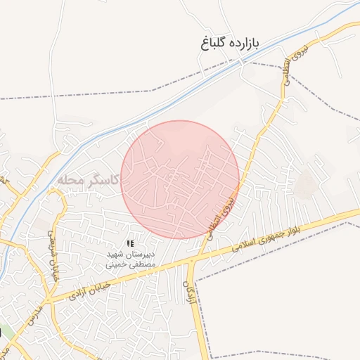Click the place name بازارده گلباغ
tap(229, 44)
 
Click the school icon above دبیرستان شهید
tap(130, 243)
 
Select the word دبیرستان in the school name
tap(144, 254)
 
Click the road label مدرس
tap(29, 323)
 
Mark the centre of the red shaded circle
tap(180, 179)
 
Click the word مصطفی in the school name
tap(141, 264)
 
